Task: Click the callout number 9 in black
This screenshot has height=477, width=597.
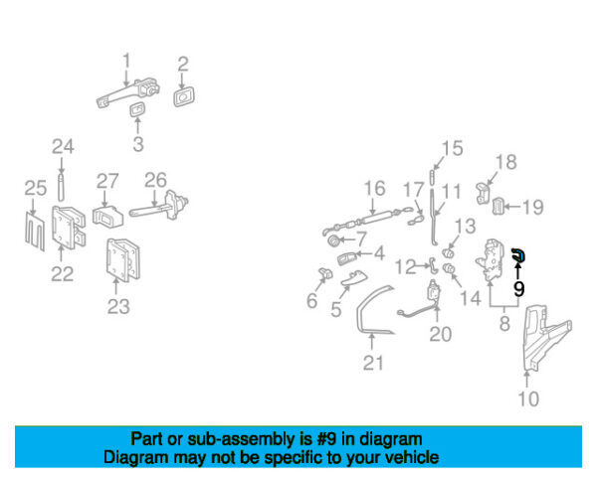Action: [518, 289]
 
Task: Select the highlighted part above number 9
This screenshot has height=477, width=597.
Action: [519, 254]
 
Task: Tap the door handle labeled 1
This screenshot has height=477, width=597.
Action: [127, 92]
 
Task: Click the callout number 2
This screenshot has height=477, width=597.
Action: [183, 65]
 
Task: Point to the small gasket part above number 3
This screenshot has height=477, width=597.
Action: [137, 110]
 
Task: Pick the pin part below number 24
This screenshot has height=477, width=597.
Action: [62, 187]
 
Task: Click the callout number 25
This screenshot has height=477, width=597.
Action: [36, 188]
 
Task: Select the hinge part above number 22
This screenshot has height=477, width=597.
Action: [68, 228]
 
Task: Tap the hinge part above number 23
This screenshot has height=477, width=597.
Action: [122, 259]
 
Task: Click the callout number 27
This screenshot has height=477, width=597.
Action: [107, 181]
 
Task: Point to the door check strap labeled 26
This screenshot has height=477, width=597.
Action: [159, 206]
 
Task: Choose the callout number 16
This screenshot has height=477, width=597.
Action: [375, 189]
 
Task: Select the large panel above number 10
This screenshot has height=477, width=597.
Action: [545, 336]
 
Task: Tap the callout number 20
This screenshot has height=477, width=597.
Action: [441, 334]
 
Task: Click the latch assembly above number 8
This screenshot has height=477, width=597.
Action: [489, 260]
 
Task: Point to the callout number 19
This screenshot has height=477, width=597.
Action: [532, 208]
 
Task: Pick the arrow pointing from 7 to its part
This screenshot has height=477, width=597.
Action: [348, 239]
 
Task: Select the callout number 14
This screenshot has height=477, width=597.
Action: [471, 298]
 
